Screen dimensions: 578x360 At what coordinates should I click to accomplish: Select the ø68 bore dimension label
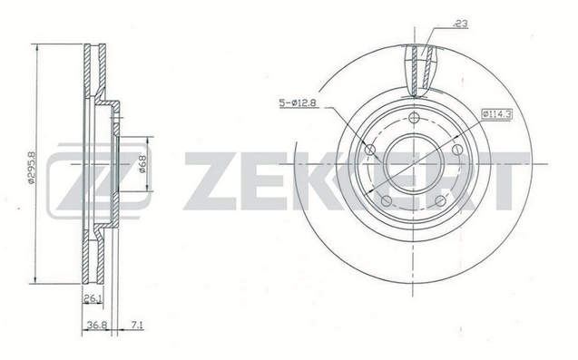click(x=142, y=163)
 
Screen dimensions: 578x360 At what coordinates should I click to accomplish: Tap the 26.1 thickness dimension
click(x=93, y=299)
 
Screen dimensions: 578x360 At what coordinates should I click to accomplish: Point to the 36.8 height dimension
click(x=97, y=325)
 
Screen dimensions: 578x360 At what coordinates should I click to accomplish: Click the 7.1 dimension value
click(x=137, y=325)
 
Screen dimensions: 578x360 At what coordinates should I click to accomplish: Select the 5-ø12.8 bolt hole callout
click(x=297, y=102)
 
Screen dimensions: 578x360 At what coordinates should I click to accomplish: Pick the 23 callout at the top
click(x=460, y=24)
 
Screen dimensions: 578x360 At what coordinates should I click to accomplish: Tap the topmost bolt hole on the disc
click(x=415, y=118)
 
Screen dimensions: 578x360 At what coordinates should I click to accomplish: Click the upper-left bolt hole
click(x=370, y=150)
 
